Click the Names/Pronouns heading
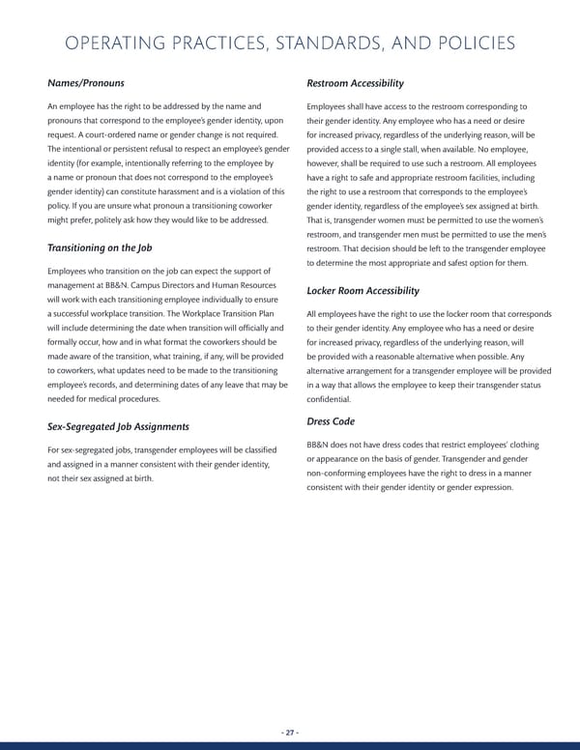coord(85,83)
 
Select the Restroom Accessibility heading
coord(355,83)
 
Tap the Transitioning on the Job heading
coord(100,247)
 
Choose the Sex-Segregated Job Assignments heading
coord(118,426)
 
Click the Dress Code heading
coord(332,421)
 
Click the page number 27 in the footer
coord(290,733)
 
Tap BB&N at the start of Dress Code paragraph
coord(319,445)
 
